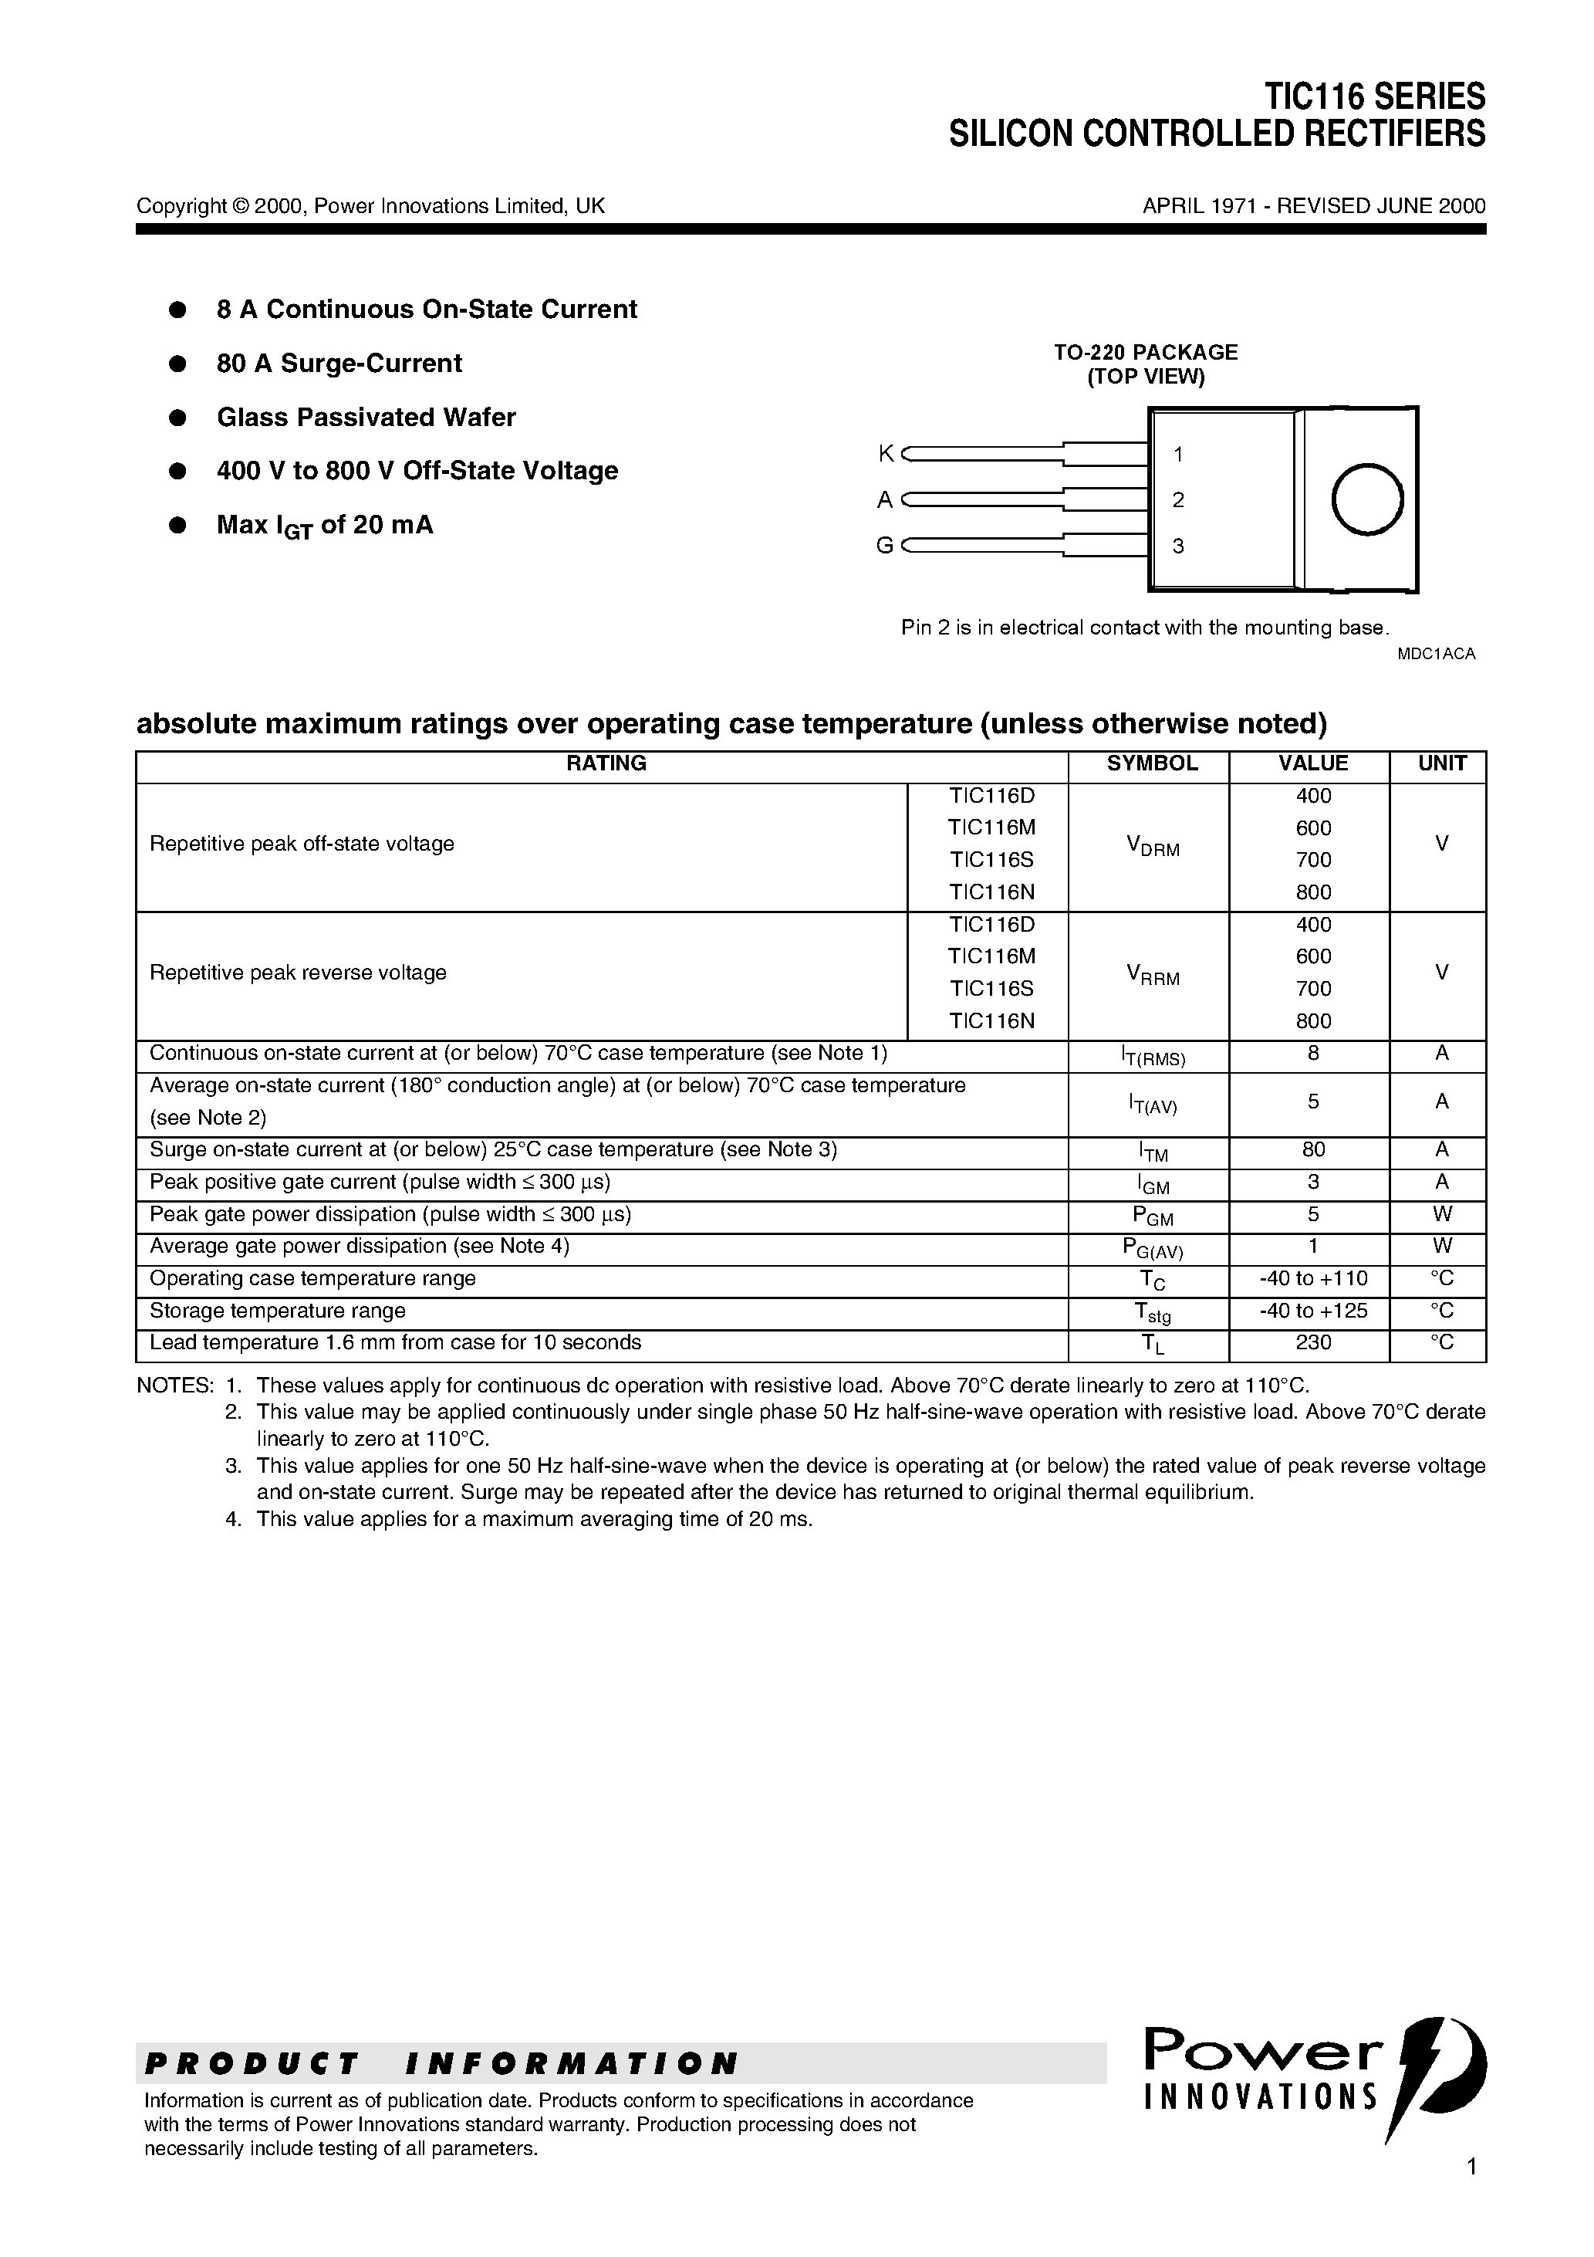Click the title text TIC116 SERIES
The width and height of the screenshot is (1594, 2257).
[x=1374, y=96]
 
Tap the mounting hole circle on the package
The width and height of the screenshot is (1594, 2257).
[x=1367, y=499]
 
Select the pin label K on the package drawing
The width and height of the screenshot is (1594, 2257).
[x=886, y=453]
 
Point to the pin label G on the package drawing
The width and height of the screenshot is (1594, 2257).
[x=884, y=546]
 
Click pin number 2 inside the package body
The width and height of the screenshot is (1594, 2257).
[x=1178, y=499]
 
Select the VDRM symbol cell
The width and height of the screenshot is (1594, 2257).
[x=1152, y=845]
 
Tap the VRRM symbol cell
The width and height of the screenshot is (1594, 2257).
[x=1152, y=974]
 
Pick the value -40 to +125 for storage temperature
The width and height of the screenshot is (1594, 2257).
[x=1313, y=1311]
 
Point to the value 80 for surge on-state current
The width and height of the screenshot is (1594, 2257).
[x=1313, y=1149]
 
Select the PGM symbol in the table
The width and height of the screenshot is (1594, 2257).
[x=1152, y=1216]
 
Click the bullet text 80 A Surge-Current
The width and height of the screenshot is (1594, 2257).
[x=339, y=364]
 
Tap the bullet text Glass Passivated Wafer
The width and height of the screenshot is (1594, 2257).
[x=366, y=418]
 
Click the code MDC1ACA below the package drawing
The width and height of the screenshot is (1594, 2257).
[x=1436, y=654]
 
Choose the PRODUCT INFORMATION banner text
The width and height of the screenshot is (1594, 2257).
[x=441, y=2063]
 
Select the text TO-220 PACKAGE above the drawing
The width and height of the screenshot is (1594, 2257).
[x=1146, y=352]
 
